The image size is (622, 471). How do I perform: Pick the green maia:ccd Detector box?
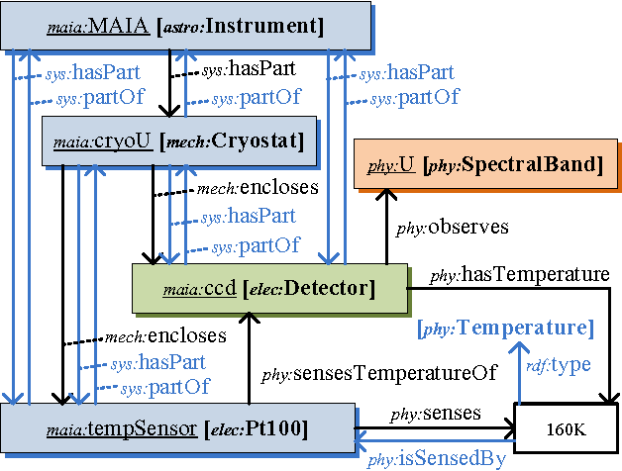coord(270,288)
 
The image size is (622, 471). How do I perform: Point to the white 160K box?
coord(564,430)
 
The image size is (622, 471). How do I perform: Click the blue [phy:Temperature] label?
coord(505,329)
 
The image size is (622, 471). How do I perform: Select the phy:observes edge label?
coord(452,228)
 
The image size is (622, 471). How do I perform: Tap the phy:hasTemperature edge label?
coord(519,274)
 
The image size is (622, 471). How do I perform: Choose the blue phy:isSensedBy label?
coord(437,458)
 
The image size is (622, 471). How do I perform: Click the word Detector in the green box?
coord(326,289)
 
